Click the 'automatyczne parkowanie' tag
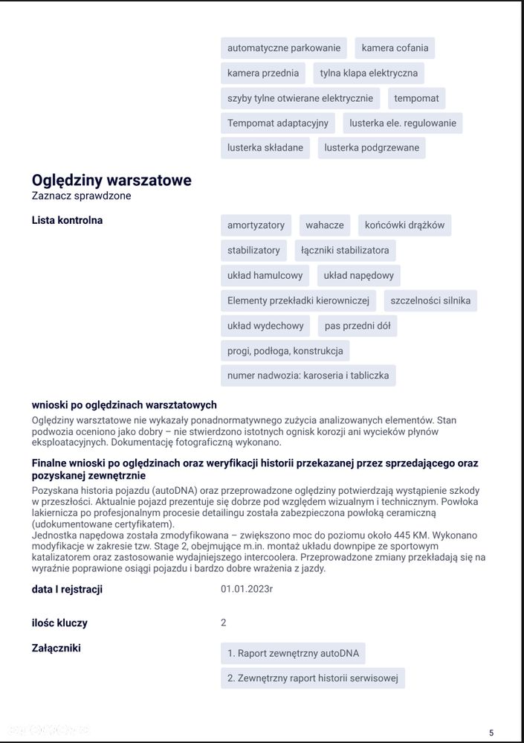[284, 48]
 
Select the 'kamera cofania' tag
[395, 48]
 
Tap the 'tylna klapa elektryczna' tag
[369, 73]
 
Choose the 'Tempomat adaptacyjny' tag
[278, 123]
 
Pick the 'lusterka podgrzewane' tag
[372, 147]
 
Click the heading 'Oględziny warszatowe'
[111, 180]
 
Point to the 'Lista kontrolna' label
[68, 220]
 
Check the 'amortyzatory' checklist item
[256, 225]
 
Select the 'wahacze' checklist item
[325, 225]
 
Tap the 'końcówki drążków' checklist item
[404, 225]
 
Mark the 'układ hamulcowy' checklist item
[265, 275]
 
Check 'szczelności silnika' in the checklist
[430, 300]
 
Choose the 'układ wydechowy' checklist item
[265, 326]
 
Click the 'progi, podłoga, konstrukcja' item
[285, 350]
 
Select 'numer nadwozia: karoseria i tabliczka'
[308, 376]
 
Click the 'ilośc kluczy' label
[59, 623]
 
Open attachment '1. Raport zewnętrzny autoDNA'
[293, 654]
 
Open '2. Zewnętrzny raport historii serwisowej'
[313, 678]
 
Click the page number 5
[491, 733]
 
